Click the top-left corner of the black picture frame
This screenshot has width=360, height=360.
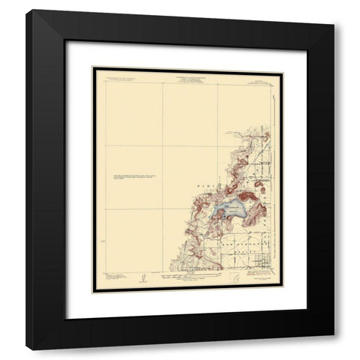point(25,10)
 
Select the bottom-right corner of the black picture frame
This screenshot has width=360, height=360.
point(334,350)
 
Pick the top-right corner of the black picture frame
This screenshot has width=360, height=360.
point(334,10)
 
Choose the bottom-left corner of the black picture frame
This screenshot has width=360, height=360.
point(25,350)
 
